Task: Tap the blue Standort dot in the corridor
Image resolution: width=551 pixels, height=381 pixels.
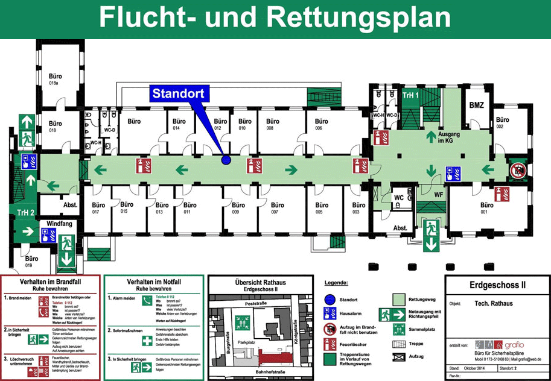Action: click(x=226, y=160)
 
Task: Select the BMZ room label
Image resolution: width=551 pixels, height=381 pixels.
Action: click(x=476, y=105)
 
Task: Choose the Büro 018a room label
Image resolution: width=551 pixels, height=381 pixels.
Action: click(x=56, y=80)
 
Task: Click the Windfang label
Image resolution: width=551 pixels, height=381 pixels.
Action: click(x=59, y=223)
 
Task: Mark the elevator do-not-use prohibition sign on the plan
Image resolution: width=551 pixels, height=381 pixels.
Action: click(x=517, y=171)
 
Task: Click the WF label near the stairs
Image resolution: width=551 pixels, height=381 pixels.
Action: click(x=439, y=194)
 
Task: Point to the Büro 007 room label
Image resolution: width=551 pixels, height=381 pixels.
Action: click(x=277, y=209)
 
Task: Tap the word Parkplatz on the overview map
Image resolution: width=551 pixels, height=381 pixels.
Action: click(x=246, y=342)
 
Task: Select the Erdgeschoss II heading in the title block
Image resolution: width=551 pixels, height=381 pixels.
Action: click(x=497, y=285)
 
